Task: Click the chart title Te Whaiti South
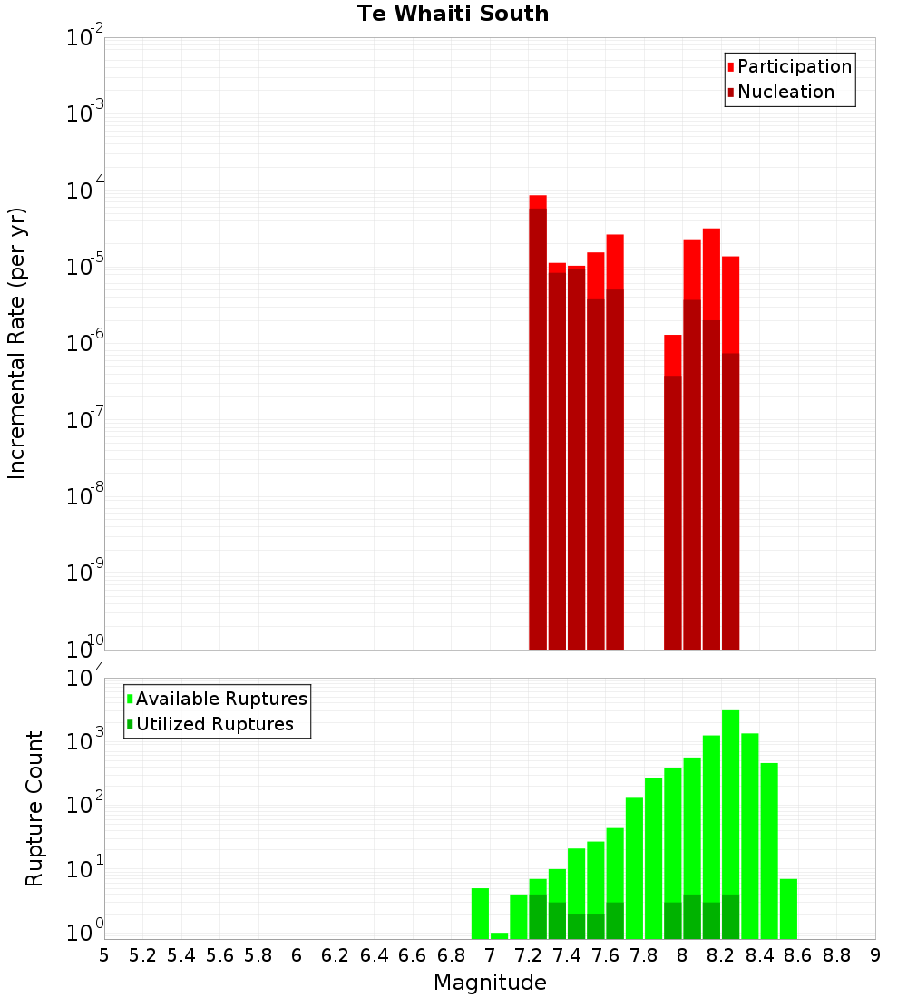[453, 14]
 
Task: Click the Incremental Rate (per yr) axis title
[17, 343]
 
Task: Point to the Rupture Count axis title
[34, 808]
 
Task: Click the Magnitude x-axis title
[490, 983]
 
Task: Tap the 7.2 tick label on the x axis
[528, 955]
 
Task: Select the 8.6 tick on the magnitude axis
[798, 955]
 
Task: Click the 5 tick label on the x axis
[104, 955]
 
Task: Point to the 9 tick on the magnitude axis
[875, 955]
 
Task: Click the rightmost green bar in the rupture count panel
[788, 908]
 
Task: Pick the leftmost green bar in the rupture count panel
[480, 913]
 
